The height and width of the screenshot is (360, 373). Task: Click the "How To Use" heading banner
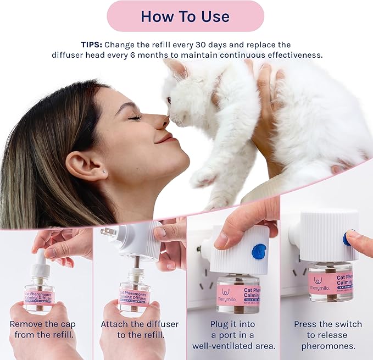(185, 16)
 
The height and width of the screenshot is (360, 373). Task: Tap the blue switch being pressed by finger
(347, 237)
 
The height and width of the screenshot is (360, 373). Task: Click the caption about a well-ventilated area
(233, 335)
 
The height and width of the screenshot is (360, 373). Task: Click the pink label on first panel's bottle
(39, 297)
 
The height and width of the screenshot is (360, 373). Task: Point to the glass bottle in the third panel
(238, 294)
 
